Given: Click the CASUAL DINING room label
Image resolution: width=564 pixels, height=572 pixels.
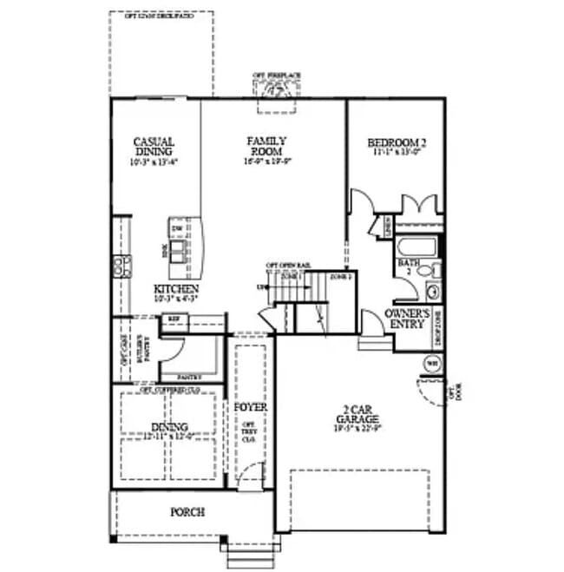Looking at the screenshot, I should pyautogui.click(x=154, y=147).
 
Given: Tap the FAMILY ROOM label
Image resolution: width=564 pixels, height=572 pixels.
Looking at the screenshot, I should pyautogui.click(x=266, y=145).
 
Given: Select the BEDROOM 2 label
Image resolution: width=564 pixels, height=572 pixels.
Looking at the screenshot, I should pyautogui.click(x=397, y=142).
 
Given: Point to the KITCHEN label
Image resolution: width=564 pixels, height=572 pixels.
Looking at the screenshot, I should pyautogui.click(x=177, y=289).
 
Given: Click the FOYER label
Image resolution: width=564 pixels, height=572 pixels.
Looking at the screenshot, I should pyautogui.click(x=251, y=406).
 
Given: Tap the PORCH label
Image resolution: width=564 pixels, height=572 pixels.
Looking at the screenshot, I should pyautogui.click(x=187, y=512).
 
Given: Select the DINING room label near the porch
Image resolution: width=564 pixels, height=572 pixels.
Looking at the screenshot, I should pyautogui.click(x=170, y=426).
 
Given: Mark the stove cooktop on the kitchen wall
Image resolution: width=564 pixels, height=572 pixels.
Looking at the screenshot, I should pyautogui.click(x=121, y=266).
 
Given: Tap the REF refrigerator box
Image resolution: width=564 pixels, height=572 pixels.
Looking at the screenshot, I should pyautogui.click(x=174, y=319).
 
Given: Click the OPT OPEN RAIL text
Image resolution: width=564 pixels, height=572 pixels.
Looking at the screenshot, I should pyautogui.click(x=288, y=264).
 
